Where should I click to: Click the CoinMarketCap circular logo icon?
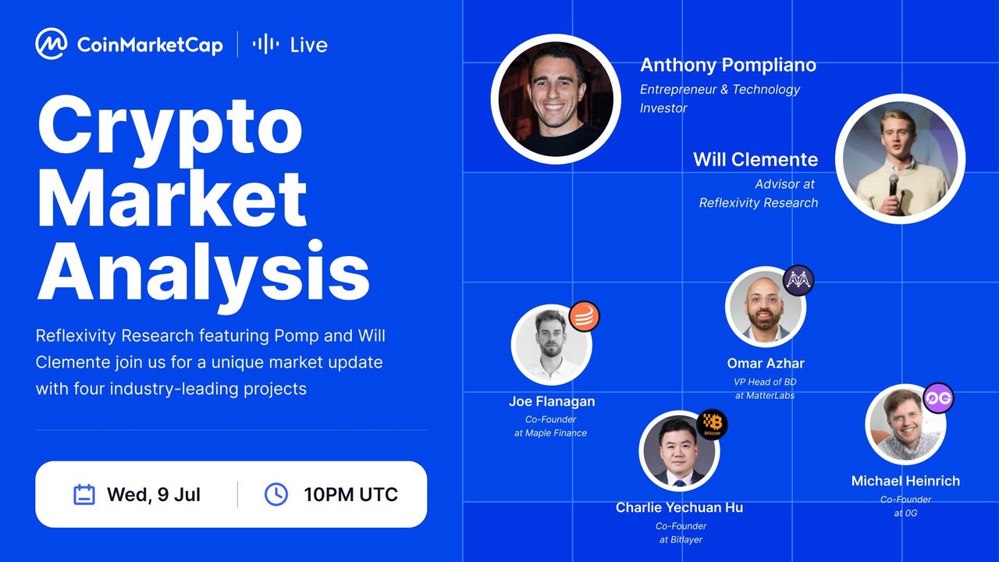(52, 44)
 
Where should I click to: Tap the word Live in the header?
(308, 44)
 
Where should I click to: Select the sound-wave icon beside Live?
(266, 44)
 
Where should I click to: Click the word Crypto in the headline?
(170, 127)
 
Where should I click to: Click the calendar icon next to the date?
(84, 494)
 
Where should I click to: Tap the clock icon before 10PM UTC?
(276, 494)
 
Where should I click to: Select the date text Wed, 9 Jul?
(154, 495)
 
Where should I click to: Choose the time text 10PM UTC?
(350, 495)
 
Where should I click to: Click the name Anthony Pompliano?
(728, 65)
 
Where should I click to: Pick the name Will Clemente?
(755, 159)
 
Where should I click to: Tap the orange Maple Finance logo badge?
(585, 316)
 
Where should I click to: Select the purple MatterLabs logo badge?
(798, 280)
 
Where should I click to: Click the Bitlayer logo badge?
(713, 424)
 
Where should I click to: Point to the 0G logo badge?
(938, 398)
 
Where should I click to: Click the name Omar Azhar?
(766, 364)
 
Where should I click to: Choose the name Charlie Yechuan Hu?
(679, 507)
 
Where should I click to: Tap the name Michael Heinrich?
(905, 481)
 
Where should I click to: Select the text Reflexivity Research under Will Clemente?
(758, 203)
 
